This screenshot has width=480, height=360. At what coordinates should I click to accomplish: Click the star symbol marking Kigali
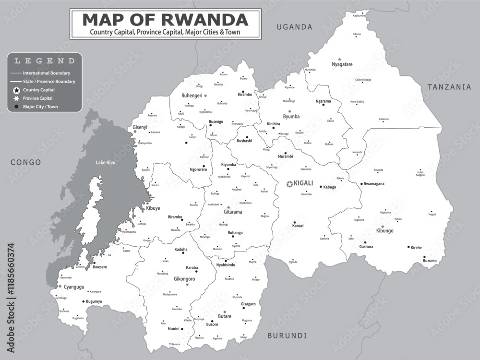[x=289, y=184]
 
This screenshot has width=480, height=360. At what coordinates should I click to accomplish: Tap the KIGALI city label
[x=303, y=183]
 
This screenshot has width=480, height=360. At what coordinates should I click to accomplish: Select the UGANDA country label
[x=294, y=27]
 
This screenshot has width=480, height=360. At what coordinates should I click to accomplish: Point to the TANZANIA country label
[x=450, y=87]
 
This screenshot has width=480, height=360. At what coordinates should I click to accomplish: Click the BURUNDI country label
[x=287, y=335]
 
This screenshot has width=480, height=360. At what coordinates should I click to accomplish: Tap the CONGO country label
[x=26, y=162]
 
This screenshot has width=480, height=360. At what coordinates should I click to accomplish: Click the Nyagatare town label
[x=342, y=64]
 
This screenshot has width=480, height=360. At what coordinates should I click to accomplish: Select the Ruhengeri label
[x=192, y=96]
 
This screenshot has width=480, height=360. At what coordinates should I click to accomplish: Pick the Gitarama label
[x=233, y=212]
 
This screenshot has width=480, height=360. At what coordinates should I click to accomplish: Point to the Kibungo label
[x=384, y=231]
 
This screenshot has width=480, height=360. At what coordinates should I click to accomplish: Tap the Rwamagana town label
[x=374, y=184]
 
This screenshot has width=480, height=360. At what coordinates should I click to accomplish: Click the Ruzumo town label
[x=430, y=261]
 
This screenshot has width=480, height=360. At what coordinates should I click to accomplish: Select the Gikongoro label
[x=184, y=278]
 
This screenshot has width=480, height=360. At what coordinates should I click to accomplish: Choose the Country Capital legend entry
[x=38, y=90]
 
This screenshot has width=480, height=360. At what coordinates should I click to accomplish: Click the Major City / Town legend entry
[x=40, y=107]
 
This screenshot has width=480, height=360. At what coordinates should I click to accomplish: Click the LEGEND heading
[x=44, y=61]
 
